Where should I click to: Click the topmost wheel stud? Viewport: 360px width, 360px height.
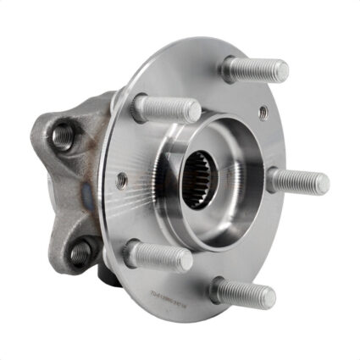click(x=254, y=69)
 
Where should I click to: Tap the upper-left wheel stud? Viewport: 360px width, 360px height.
click(x=166, y=108)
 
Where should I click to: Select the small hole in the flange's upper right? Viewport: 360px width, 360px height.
click(x=263, y=111)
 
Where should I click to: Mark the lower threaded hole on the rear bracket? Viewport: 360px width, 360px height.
click(x=80, y=252)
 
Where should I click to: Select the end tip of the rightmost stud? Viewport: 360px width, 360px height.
click(x=324, y=182)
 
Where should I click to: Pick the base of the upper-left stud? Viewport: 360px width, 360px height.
click(x=141, y=106)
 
